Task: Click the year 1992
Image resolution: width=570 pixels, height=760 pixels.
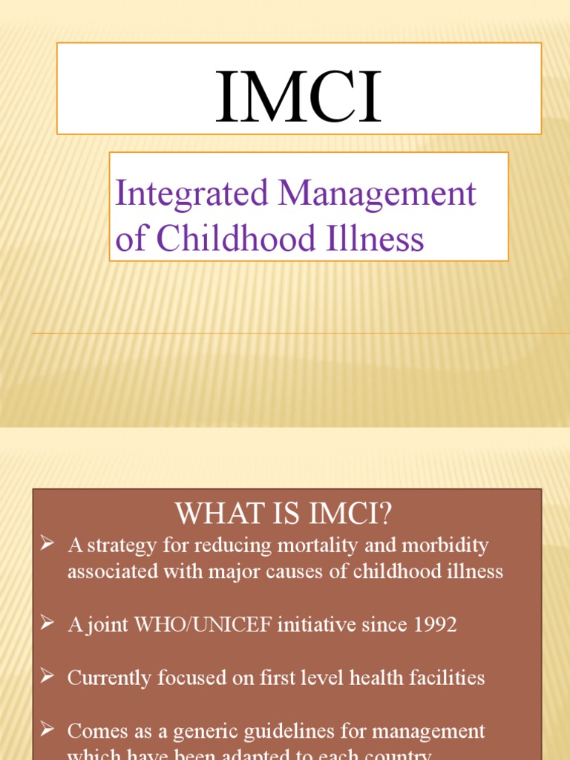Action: pyautogui.click(x=436, y=625)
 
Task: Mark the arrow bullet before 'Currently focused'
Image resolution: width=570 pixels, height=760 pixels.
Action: pyautogui.click(x=47, y=678)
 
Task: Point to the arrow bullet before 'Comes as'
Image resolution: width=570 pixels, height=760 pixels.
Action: pyautogui.click(x=47, y=731)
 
